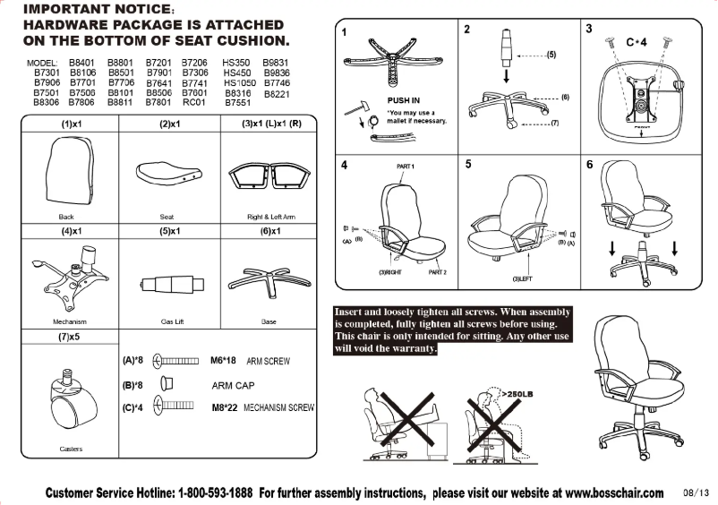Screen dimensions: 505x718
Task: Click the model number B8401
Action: (x=82, y=63)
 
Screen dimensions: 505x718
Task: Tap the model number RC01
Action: (x=194, y=102)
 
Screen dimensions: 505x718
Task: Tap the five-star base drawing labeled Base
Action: (x=269, y=278)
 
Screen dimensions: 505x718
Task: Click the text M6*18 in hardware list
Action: (x=222, y=361)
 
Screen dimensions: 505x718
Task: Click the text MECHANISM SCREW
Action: (x=278, y=407)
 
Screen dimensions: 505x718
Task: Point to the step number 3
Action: (x=589, y=29)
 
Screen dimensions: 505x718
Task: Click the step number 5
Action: (x=468, y=165)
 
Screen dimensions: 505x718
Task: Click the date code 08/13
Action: (x=694, y=492)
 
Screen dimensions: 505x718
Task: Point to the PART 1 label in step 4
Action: (x=406, y=167)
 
